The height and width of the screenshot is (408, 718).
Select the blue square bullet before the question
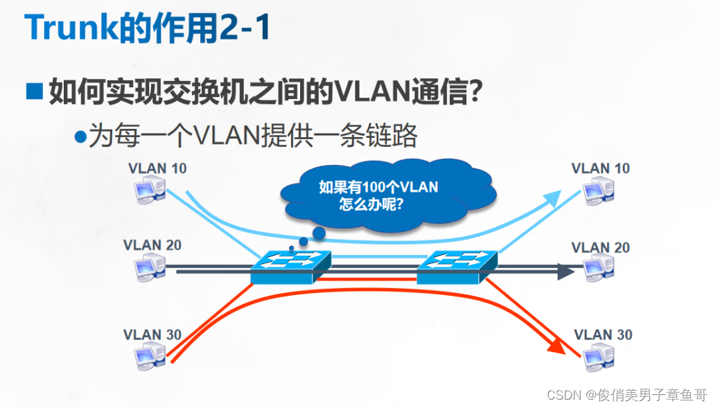(34, 91)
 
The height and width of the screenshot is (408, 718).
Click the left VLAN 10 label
(157, 168)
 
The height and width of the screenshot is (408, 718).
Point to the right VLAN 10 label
(600, 168)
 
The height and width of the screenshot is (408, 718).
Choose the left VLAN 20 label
(152, 245)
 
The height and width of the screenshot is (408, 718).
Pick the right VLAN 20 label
(600, 247)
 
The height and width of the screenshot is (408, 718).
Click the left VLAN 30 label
(152, 335)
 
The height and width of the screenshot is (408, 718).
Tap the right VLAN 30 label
(603, 335)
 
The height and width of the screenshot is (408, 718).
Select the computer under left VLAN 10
(150, 188)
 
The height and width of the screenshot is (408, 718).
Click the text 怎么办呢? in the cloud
(372, 205)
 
